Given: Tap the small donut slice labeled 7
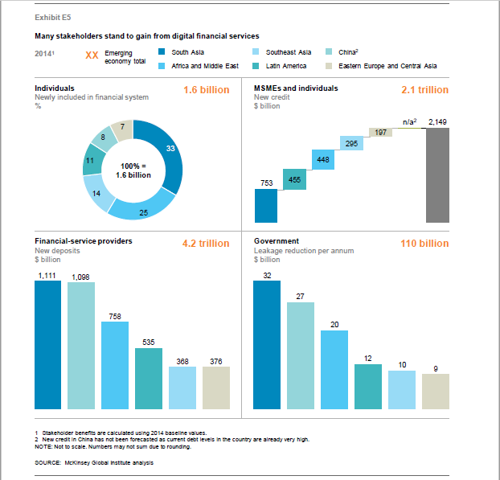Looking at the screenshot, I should coord(121,129).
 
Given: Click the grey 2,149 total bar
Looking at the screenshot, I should coord(437,174).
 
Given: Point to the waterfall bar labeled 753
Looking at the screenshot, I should coord(266,206).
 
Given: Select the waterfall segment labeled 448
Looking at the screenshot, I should coord(322,160).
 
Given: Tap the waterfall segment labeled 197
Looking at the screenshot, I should coord(379,132).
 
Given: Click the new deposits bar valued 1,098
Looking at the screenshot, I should coord(80,347).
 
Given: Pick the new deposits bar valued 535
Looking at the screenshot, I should coord(149,379).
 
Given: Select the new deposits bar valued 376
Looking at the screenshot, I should coord(216,388).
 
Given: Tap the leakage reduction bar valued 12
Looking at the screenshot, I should coord(368,387).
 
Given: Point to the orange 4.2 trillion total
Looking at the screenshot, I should coord(207,244).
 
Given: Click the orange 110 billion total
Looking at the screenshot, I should coord(424,244).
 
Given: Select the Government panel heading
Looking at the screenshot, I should coord(277,240).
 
